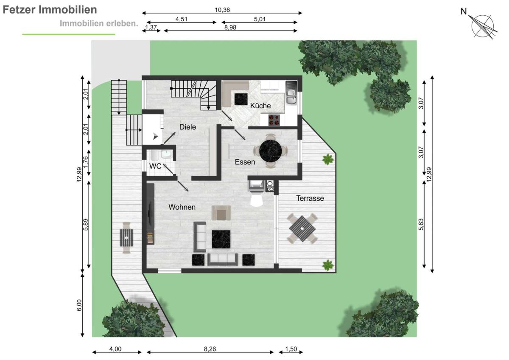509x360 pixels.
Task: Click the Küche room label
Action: [x=260, y=106]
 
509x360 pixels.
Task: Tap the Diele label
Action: [x=187, y=127]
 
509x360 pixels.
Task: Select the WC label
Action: [x=155, y=166]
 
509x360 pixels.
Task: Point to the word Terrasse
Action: [x=310, y=198]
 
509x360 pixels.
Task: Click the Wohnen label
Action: [x=182, y=207]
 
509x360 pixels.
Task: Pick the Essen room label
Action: [x=245, y=162]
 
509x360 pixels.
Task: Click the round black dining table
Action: [x=271, y=151]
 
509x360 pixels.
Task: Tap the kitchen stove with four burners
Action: [x=274, y=120]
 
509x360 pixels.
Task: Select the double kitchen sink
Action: [x=291, y=96]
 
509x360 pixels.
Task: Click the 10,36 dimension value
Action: [x=222, y=10]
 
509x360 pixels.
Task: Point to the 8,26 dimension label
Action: [x=210, y=349]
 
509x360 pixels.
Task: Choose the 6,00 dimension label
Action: [x=79, y=305]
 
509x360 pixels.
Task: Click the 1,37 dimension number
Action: [x=151, y=28]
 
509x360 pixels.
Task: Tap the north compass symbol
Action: [x=482, y=26]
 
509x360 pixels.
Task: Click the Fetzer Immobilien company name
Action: [x=50, y=9]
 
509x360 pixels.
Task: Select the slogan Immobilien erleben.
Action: [x=99, y=23]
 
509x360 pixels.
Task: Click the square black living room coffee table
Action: [x=221, y=239]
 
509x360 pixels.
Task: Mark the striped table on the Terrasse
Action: [x=302, y=228]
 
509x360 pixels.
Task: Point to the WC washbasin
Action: [x=167, y=154]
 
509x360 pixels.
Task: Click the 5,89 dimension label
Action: [x=86, y=225]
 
